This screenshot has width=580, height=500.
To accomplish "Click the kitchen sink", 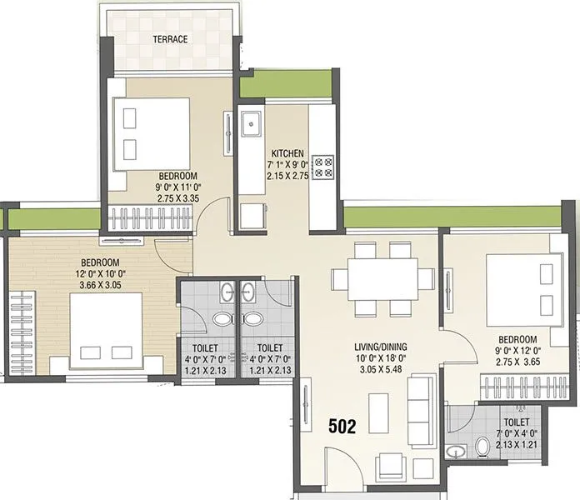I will [251, 126].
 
